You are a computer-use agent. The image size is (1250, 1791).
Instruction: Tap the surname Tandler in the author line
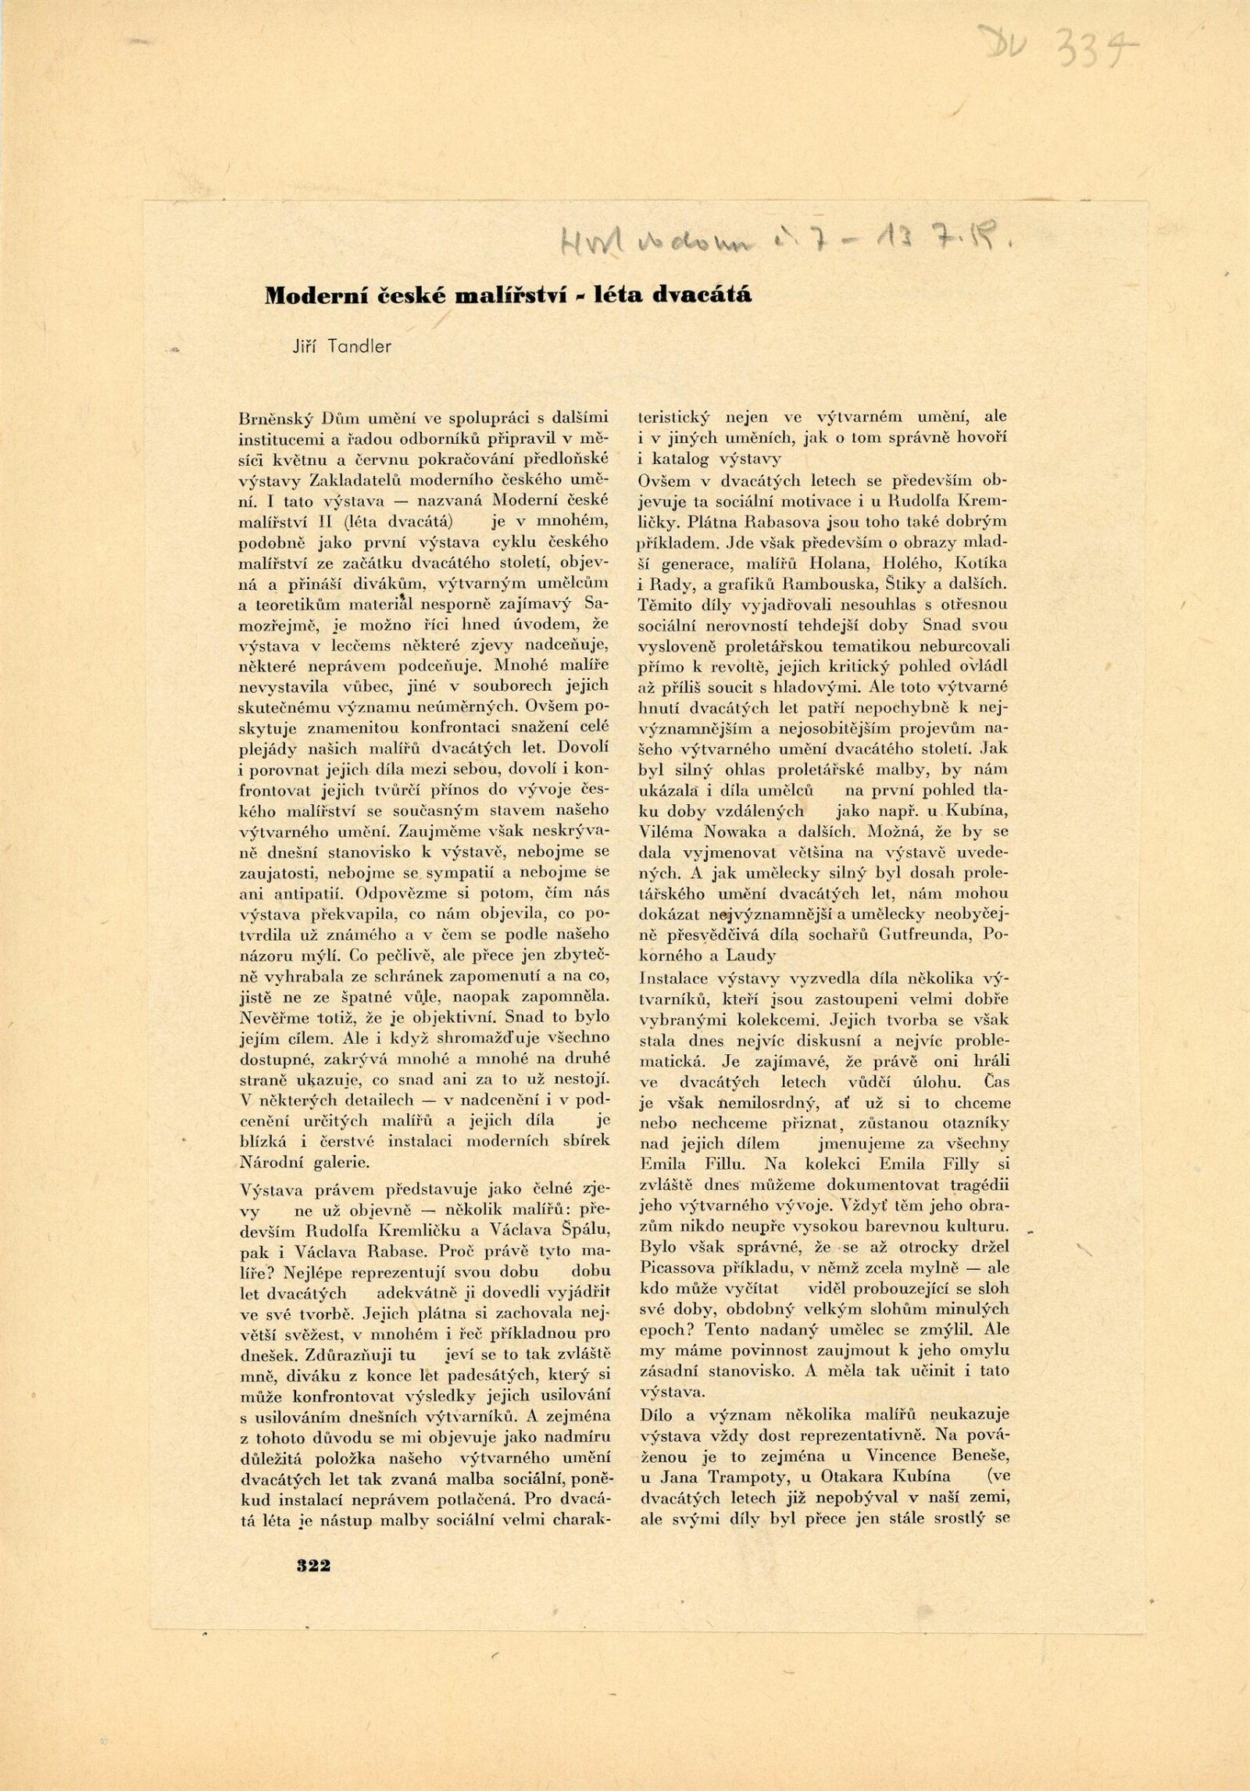[360, 347]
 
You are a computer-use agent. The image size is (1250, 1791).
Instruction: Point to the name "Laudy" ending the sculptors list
[750, 955]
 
